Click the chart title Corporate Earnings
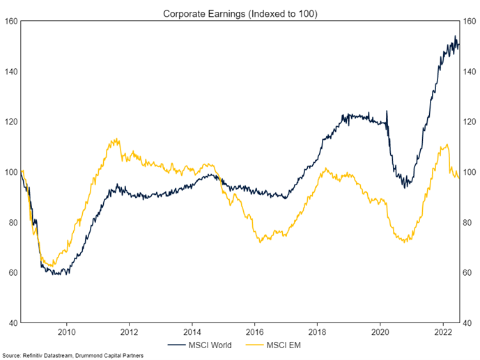pos(240,13)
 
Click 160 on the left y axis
pos(11,21)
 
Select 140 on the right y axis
pos(468,72)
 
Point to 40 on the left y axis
pos(13,322)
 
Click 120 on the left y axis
pos(11,122)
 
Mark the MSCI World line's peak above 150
pos(455,37)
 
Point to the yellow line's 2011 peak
pos(116,139)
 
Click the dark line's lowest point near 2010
pos(63,274)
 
